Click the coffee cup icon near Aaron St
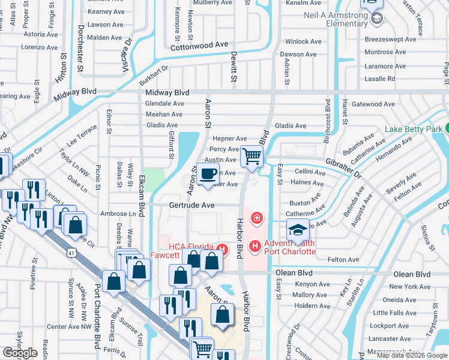(208, 175)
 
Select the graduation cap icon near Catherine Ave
(298, 230)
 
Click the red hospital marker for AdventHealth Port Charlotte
(255, 246)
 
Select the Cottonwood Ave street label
(200, 44)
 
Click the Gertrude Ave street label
(191, 205)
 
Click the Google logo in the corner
(20, 353)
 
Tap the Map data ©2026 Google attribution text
(412, 355)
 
